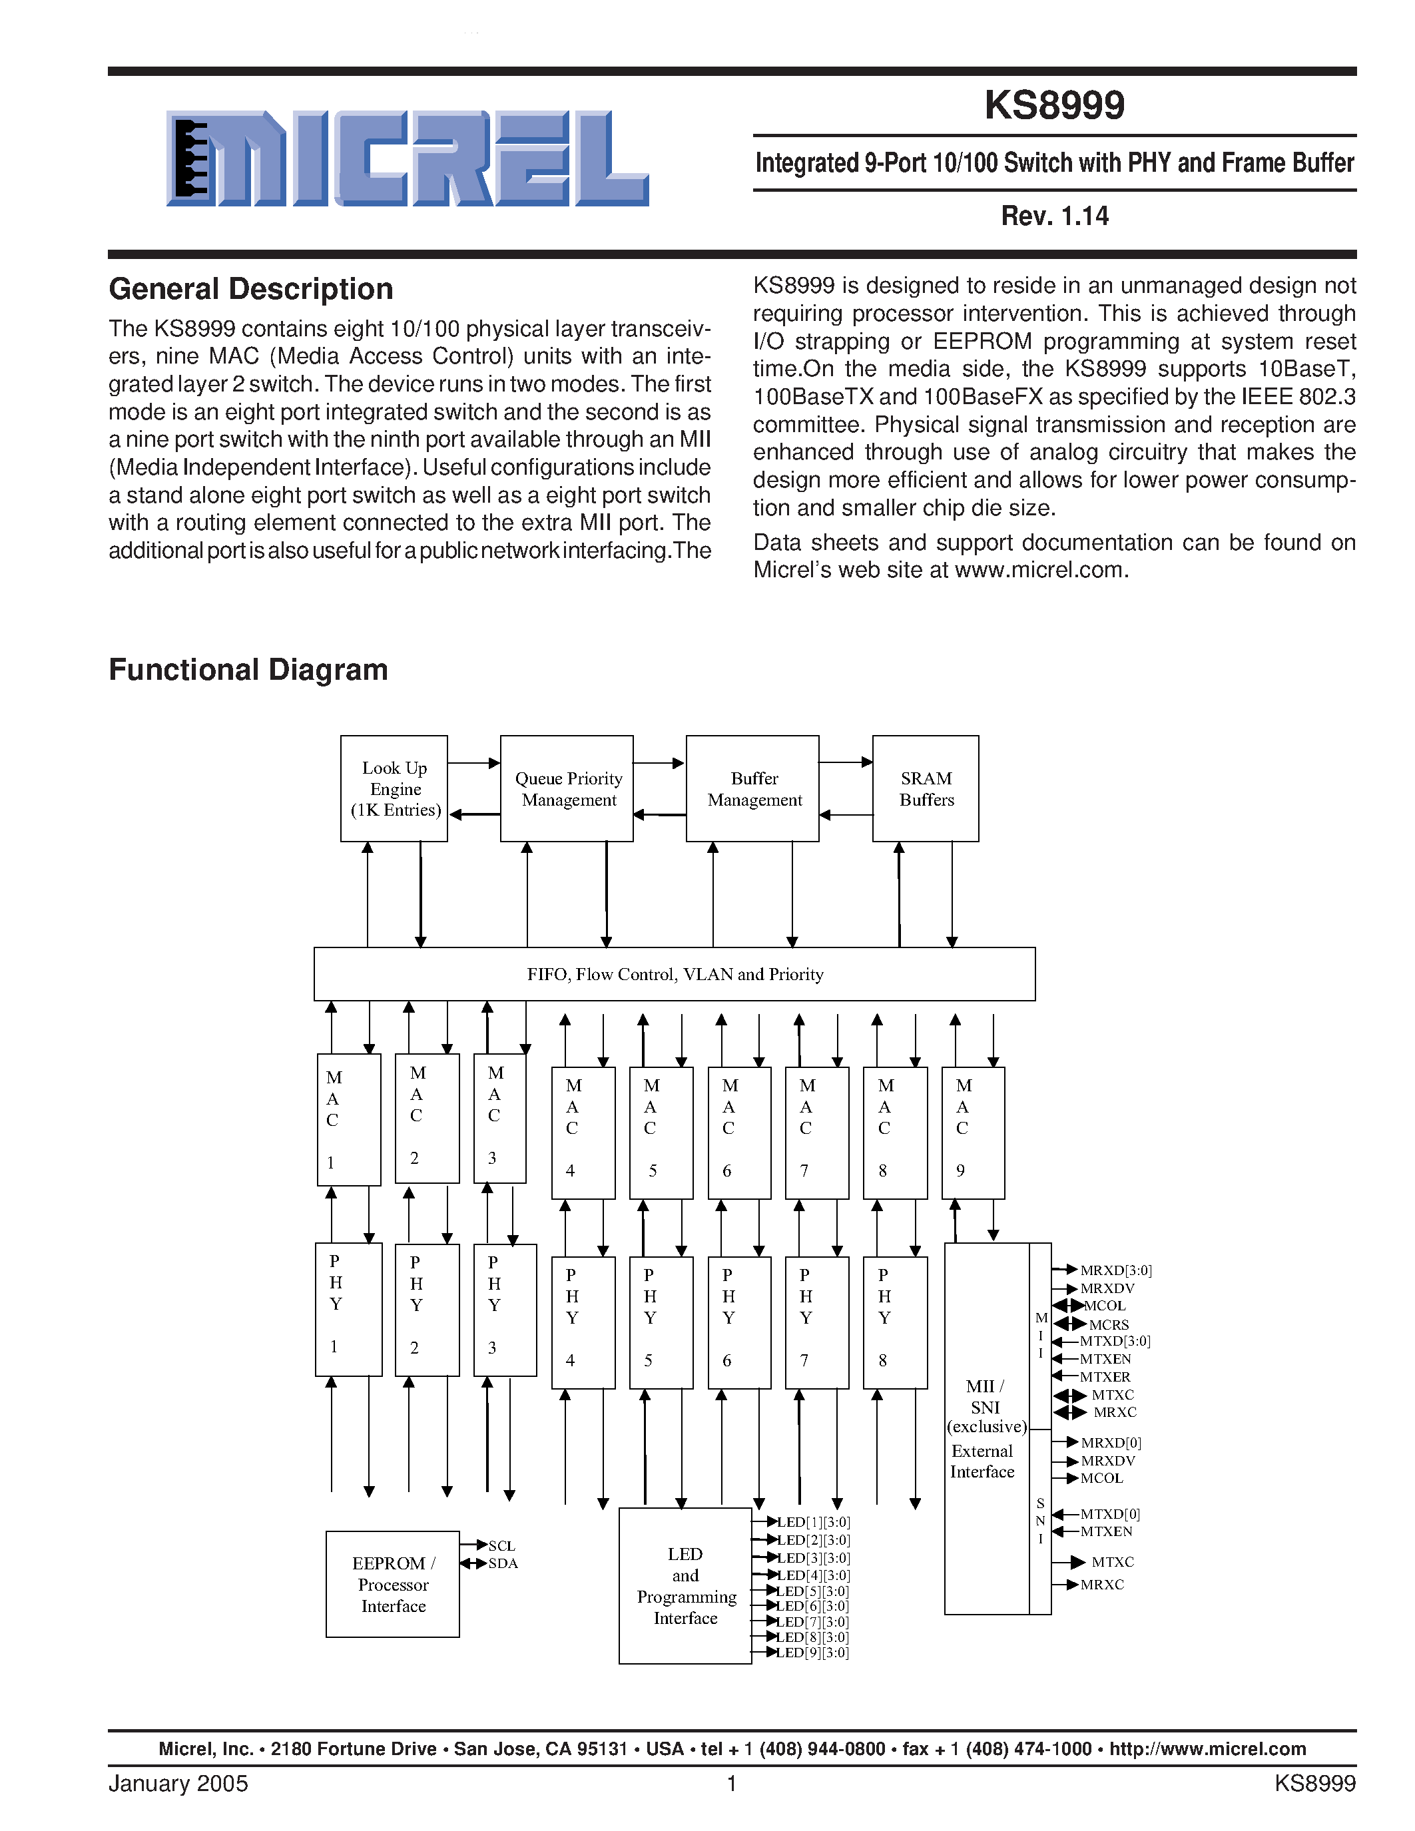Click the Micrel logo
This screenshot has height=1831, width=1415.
click(x=408, y=158)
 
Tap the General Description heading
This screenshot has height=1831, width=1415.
click(x=250, y=289)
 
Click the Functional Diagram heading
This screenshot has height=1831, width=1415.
click(x=248, y=670)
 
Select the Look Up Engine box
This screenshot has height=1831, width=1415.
click(x=394, y=789)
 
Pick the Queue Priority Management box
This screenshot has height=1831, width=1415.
click(x=567, y=789)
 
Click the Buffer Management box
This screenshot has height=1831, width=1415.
click(x=752, y=789)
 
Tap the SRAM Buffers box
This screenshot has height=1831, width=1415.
click(x=926, y=789)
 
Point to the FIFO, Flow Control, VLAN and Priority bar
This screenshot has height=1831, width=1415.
click(x=674, y=974)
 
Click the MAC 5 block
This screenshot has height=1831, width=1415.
click(x=661, y=1132)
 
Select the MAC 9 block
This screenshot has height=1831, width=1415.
click(x=972, y=1132)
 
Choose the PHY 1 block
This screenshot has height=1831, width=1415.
click(x=348, y=1309)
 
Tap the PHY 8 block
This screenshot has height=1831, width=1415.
click(x=894, y=1322)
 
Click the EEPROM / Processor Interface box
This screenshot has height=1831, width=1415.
click(x=392, y=1584)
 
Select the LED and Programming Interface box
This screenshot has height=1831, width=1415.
click(x=685, y=1585)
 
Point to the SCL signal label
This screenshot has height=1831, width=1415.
click(x=501, y=1545)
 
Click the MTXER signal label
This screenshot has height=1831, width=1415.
click(x=1104, y=1377)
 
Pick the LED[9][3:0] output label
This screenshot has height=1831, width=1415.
click(x=812, y=1653)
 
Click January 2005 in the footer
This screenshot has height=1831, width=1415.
click(x=178, y=1783)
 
